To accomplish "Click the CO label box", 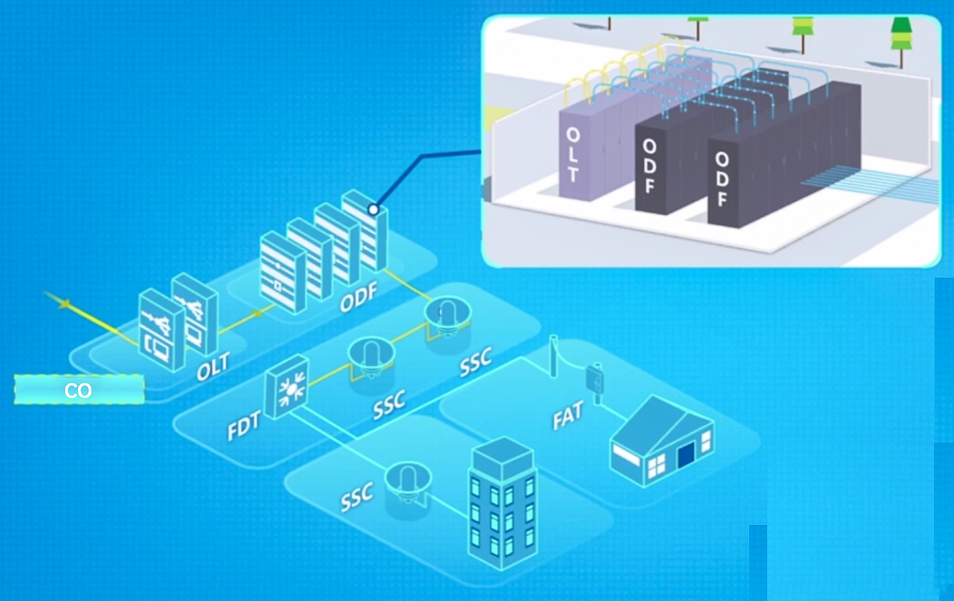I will click(x=79, y=390).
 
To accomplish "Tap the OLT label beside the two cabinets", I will click(x=213, y=367).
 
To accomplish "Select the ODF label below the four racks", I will click(x=358, y=298).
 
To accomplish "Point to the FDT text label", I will click(x=243, y=426).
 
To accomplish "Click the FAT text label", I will click(x=568, y=416).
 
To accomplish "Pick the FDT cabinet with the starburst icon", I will click(x=287, y=387).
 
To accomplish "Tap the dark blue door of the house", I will click(x=685, y=455).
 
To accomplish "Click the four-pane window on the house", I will click(x=656, y=466).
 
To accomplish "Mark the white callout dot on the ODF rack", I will click(x=373, y=210).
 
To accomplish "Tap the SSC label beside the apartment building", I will click(x=357, y=497).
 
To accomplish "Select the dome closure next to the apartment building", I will click(x=407, y=481).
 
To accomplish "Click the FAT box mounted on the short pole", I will click(x=594, y=379).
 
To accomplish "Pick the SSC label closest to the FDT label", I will click(x=390, y=405).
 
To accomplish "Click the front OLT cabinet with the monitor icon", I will click(x=161, y=330).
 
